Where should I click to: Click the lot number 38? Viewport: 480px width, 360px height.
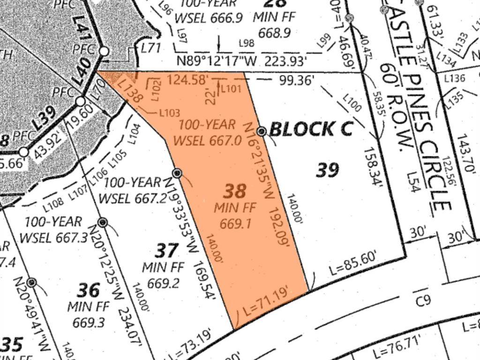(x=235, y=191)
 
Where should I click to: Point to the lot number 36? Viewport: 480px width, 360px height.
(x=88, y=290)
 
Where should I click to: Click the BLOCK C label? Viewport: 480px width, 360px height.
(x=311, y=129)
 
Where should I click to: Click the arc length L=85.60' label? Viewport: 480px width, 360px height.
(x=353, y=264)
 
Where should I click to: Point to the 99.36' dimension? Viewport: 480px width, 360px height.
(x=296, y=81)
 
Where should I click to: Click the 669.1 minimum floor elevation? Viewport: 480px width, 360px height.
(x=233, y=223)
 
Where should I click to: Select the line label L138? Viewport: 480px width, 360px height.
(x=130, y=91)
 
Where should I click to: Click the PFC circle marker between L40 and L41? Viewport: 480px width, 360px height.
(x=104, y=51)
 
